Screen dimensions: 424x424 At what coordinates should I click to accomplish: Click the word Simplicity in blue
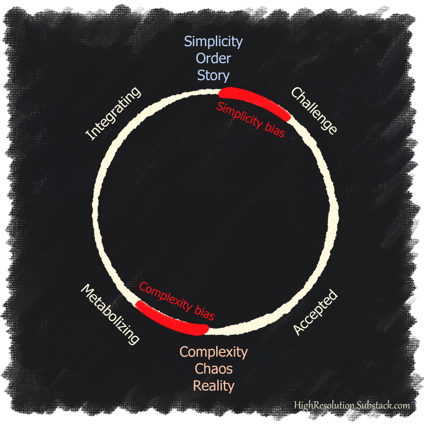[213, 41]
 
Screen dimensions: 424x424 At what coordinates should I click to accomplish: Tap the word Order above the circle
[213, 58]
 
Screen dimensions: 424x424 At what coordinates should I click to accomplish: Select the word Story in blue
[213, 75]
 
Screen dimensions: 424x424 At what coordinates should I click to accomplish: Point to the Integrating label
[113, 114]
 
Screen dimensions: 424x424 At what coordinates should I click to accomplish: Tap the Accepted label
[315, 313]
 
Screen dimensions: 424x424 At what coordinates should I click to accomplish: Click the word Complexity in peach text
[213, 351]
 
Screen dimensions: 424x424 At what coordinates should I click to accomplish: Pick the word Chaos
[213, 368]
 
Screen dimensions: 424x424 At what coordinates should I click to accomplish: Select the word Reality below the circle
[213, 386]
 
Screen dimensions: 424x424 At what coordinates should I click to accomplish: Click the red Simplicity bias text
[251, 120]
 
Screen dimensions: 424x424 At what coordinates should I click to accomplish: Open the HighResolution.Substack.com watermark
[351, 405]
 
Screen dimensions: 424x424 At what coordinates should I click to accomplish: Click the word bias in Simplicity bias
[274, 130]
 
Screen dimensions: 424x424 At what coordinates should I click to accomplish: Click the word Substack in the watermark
[375, 405]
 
